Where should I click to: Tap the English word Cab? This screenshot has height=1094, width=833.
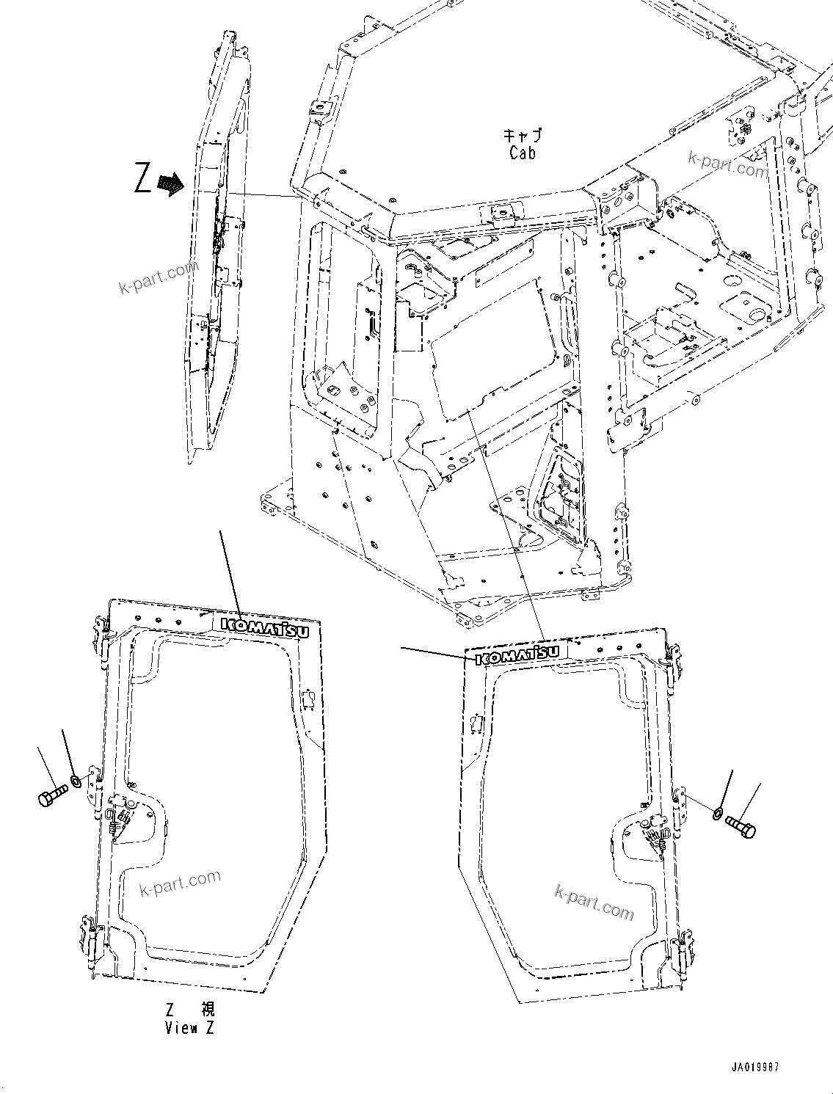click(x=522, y=153)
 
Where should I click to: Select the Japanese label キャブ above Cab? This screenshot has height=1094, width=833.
click(x=522, y=135)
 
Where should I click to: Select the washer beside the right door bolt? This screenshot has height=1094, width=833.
click(x=716, y=812)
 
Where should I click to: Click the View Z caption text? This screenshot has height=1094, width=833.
click(x=189, y=1018)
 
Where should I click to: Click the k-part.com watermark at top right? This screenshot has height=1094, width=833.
click(x=727, y=164)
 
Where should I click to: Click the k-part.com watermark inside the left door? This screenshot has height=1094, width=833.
click(x=180, y=883)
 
